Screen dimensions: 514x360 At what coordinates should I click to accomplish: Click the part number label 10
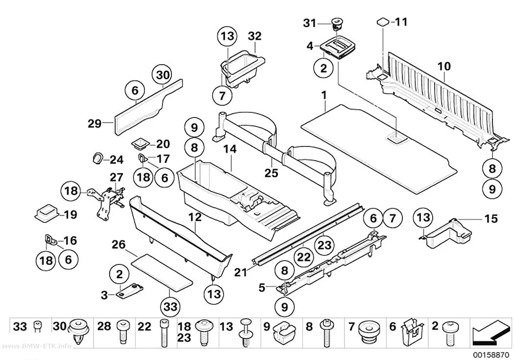click(x=444, y=66)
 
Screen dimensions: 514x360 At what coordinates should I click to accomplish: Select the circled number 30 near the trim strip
click(x=163, y=75)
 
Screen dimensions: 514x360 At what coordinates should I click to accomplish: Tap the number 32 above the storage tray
click(x=255, y=36)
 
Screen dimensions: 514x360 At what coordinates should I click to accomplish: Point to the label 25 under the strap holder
click(x=271, y=172)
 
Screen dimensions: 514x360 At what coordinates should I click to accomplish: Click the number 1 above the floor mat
click(x=324, y=96)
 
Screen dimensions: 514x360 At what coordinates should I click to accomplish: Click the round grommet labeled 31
click(x=336, y=23)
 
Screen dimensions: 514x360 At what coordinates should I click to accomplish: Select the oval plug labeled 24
click(x=97, y=158)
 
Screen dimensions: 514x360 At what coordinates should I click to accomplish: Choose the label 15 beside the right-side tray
click(x=491, y=218)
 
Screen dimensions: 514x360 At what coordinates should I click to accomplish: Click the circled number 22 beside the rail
click(x=304, y=257)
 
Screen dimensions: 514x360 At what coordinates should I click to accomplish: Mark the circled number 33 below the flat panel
click(x=171, y=307)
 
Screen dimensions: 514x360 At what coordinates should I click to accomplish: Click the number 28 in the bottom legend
click(x=104, y=327)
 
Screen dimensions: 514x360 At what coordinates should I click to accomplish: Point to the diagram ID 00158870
click(x=491, y=355)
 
